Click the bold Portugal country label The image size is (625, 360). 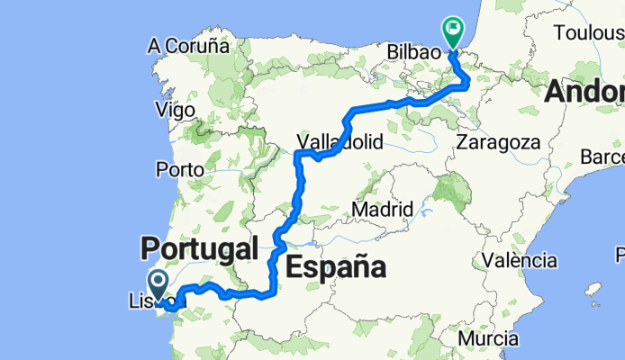pos(199,247)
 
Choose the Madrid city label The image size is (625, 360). pos(382,209)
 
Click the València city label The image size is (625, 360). pos(519,260)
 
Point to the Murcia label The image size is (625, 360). pos(486,338)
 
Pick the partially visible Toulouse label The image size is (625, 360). pos(590,32)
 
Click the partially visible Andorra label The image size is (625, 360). pos(585,92)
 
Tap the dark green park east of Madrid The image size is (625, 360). pos(452,192)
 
